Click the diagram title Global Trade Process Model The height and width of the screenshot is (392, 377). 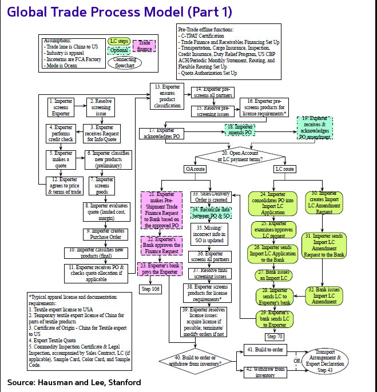click(112, 12)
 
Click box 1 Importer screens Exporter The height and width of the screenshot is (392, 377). click(60, 107)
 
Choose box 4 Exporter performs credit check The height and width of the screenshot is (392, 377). click(60, 133)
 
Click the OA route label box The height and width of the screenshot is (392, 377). click(194, 169)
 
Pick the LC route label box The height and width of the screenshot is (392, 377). click(285, 169)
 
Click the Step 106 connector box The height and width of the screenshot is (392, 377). click(152, 289)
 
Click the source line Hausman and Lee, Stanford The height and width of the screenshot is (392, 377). click(74, 382)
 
